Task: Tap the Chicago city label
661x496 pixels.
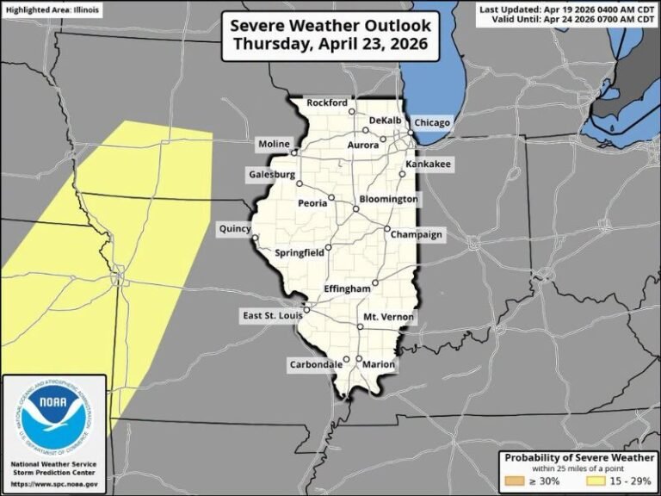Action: coord(431,123)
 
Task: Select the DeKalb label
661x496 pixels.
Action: coord(385,120)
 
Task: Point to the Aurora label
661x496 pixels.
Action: coord(362,146)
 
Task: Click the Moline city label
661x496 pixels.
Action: coord(274,143)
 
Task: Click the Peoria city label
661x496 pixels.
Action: coord(312,203)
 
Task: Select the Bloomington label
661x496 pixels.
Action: coord(388,199)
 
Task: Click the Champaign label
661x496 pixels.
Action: coord(416,234)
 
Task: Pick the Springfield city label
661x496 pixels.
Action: coord(299,253)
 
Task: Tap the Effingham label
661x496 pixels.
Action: coord(347,288)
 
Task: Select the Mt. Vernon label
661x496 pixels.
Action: coord(388,318)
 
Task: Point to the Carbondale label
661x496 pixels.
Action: coord(315,364)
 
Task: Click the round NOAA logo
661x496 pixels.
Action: coord(55,419)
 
